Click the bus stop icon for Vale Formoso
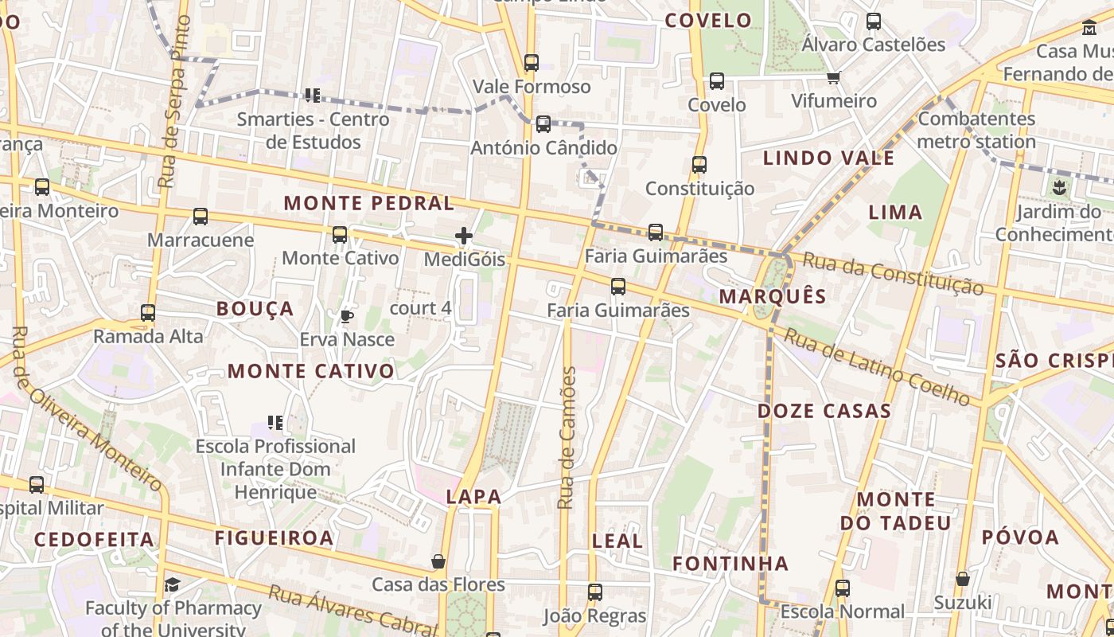click(x=532, y=62)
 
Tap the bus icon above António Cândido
click(x=543, y=124)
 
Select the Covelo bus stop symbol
click(x=717, y=81)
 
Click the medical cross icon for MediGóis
click(x=464, y=236)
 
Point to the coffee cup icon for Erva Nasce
click(x=347, y=316)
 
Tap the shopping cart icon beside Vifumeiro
click(x=833, y=78)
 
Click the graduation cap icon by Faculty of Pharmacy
click(x=173, y=585)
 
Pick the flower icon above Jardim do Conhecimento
click(x=1058, y=189)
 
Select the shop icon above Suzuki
click(x=963, y=579)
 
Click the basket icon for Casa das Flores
click(x=438, y=561)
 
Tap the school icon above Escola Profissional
click(x=275, y=423)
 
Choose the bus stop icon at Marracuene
click(x=201, y=217)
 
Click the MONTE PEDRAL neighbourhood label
click(x=368, y=203)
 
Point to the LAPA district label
click(x=473, y=497)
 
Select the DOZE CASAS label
click(x=824, y=411)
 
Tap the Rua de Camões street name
click(x=567, y=438)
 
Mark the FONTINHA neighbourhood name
click(x=730, y=564)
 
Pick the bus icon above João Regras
click(x=595, y=592)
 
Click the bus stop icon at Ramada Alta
click(x=148, y=313)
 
